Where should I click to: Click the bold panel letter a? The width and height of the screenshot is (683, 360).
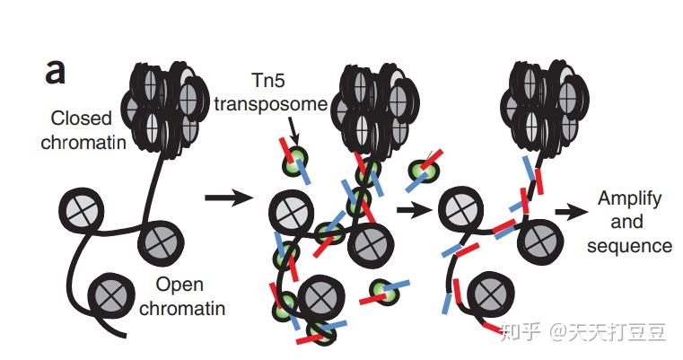point(55,69)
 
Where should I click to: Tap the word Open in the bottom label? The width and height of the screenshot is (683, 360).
point(178,285)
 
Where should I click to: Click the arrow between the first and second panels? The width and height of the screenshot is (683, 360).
point(225,197)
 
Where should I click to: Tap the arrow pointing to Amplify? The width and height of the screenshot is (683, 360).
point(567,212)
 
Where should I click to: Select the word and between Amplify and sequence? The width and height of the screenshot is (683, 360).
point(627,222)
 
